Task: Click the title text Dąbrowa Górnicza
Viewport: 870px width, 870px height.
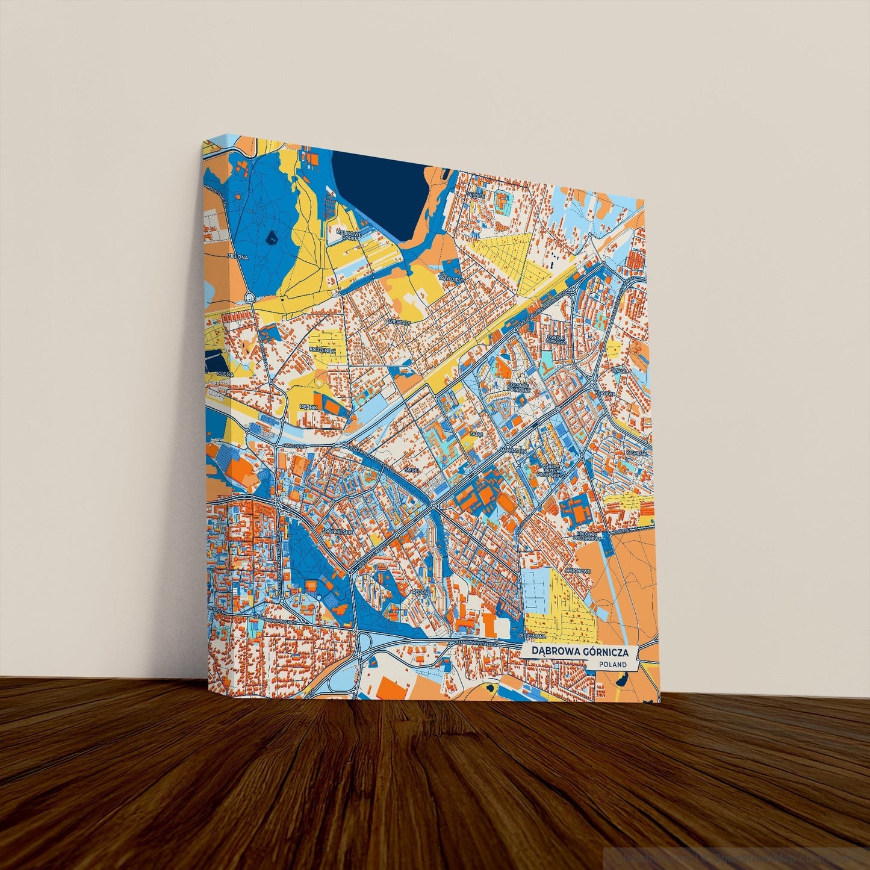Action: (x=580, y=652)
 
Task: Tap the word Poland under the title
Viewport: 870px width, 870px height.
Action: (x=613, y=665)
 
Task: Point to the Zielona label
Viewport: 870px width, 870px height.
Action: (x=238, y=256)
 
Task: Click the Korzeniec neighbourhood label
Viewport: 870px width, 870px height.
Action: (x=321, y=349)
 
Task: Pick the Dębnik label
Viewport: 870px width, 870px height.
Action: (x=308, y=406)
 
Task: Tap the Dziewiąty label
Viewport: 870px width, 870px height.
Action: (x=398, y=323)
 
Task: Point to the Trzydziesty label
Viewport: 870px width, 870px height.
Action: (x=452, y=280)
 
